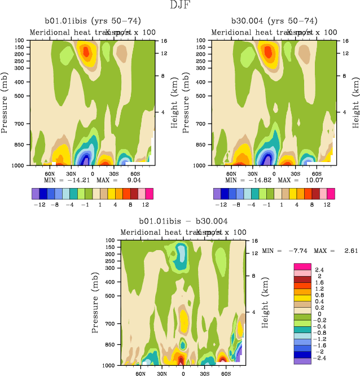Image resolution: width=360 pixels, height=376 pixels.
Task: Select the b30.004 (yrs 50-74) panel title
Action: (x=274, y=21)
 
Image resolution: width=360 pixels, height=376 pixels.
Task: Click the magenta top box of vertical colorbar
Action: (x=303, y=266)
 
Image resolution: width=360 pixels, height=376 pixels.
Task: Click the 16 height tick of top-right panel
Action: (x=346, y=41)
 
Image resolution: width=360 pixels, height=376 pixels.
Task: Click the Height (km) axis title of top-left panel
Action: (x=176, y=104)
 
